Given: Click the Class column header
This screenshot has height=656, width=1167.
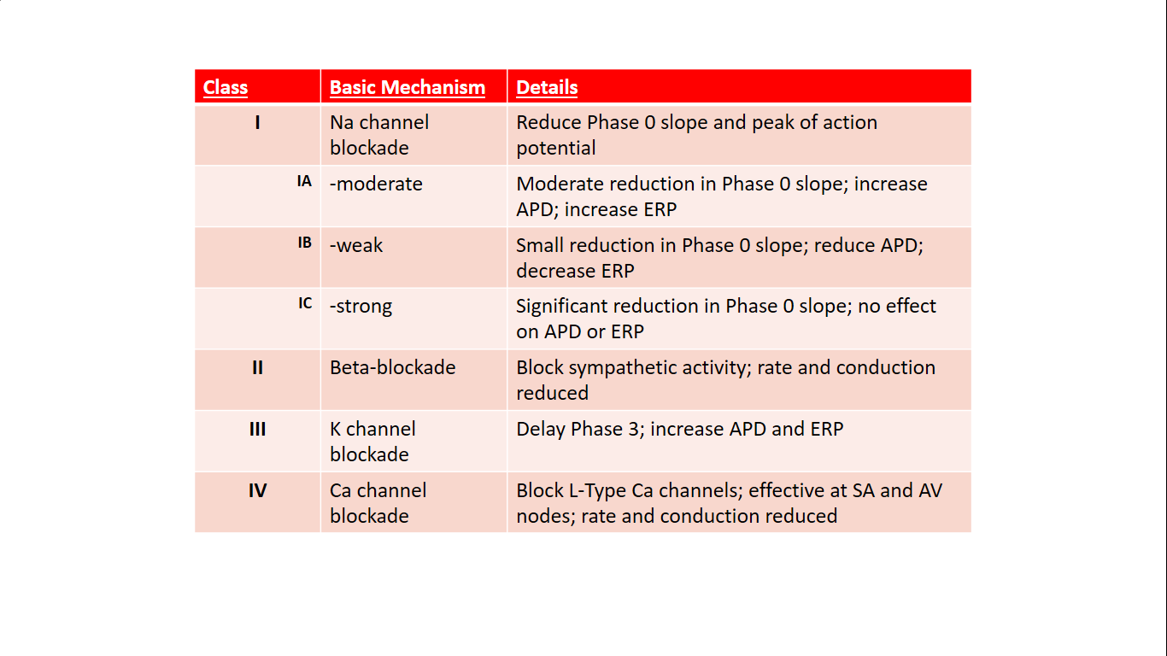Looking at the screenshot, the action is coord(225,87).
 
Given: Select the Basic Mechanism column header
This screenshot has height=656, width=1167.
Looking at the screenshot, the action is coord(408,87).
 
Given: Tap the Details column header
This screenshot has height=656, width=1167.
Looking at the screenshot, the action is coord(547,87).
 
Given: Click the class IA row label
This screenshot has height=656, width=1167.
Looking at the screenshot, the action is coord(304,181).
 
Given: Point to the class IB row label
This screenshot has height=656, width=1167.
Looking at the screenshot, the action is coord(305,243).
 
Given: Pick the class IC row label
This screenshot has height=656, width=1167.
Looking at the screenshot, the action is coord(305,303).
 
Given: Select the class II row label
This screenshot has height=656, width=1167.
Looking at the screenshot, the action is coord(257,368).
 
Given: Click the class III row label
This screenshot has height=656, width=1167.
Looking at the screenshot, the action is coord(257,430).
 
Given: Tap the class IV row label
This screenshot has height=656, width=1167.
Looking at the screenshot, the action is coord(257,490).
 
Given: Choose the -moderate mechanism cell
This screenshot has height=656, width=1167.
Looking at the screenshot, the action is coord(376,184).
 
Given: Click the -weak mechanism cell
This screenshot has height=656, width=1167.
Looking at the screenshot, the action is coord(356,245).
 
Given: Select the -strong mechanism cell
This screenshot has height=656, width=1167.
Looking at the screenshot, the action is coord(361,307).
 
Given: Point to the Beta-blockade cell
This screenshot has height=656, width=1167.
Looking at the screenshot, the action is coord(392,367).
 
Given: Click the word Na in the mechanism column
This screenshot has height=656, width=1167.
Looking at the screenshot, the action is coord(341,122).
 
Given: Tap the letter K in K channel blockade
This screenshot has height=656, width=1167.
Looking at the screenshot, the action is coord(335,430).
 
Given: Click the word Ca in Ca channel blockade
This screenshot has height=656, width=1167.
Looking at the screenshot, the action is coord(341,490).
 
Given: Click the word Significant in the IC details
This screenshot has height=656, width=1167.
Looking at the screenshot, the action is coord(561,307).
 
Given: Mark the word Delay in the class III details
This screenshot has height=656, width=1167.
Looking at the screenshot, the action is coord(540,430).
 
